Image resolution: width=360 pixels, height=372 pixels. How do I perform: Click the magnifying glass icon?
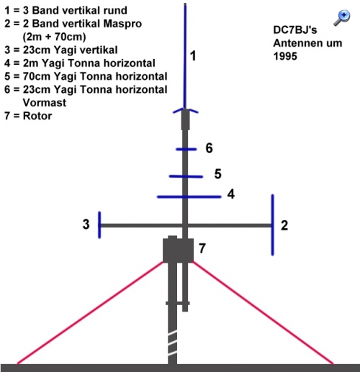(x=342, y=18)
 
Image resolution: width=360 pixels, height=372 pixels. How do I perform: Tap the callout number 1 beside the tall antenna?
(x=193, y=56)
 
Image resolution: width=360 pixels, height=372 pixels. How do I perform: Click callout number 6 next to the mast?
(x=209, y=148)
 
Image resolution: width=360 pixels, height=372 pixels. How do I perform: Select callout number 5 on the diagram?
(x=217, y=174)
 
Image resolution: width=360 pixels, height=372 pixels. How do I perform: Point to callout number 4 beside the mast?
(x=231, y=194)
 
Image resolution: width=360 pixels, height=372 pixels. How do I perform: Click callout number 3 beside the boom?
(x=86, y=224)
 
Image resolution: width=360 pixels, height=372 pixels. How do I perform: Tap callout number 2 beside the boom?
(x=284, y=225)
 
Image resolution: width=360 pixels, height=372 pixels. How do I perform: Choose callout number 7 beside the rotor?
(x=202, y=248)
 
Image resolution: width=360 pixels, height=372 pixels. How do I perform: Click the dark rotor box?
(x=178, y=250)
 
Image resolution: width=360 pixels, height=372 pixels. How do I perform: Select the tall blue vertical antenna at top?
(x=185, y=56)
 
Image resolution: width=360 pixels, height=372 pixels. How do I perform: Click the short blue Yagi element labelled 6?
(x=186, y=149)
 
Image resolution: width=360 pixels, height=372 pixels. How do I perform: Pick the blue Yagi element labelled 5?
(x=186, y=176)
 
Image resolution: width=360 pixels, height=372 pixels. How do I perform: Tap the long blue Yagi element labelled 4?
(x=189, y=197)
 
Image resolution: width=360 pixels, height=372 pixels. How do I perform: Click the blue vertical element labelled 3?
(x=99, y=225)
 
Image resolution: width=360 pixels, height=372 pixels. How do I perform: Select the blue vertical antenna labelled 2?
(x=273, y=225)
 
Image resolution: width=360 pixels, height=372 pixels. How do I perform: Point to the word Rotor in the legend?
(x=37, y=116)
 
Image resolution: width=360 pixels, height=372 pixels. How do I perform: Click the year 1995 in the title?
(x=285, y=56)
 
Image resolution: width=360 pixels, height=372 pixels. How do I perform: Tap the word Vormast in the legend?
(x=45, y=103)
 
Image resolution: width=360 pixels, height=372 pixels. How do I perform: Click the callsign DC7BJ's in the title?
(x=295, y=30)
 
